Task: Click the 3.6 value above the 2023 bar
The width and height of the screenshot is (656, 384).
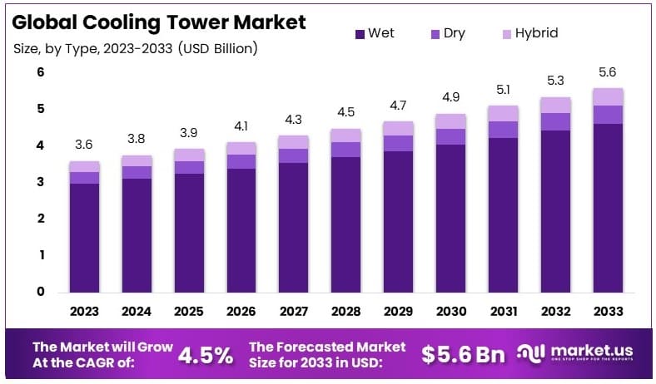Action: [x=85, y=145]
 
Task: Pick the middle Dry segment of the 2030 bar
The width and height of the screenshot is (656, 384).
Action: [x=450, y=136]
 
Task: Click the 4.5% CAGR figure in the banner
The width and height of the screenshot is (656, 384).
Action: [x=206, y=355]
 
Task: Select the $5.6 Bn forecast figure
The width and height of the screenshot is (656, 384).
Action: [x=463, y=355]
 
